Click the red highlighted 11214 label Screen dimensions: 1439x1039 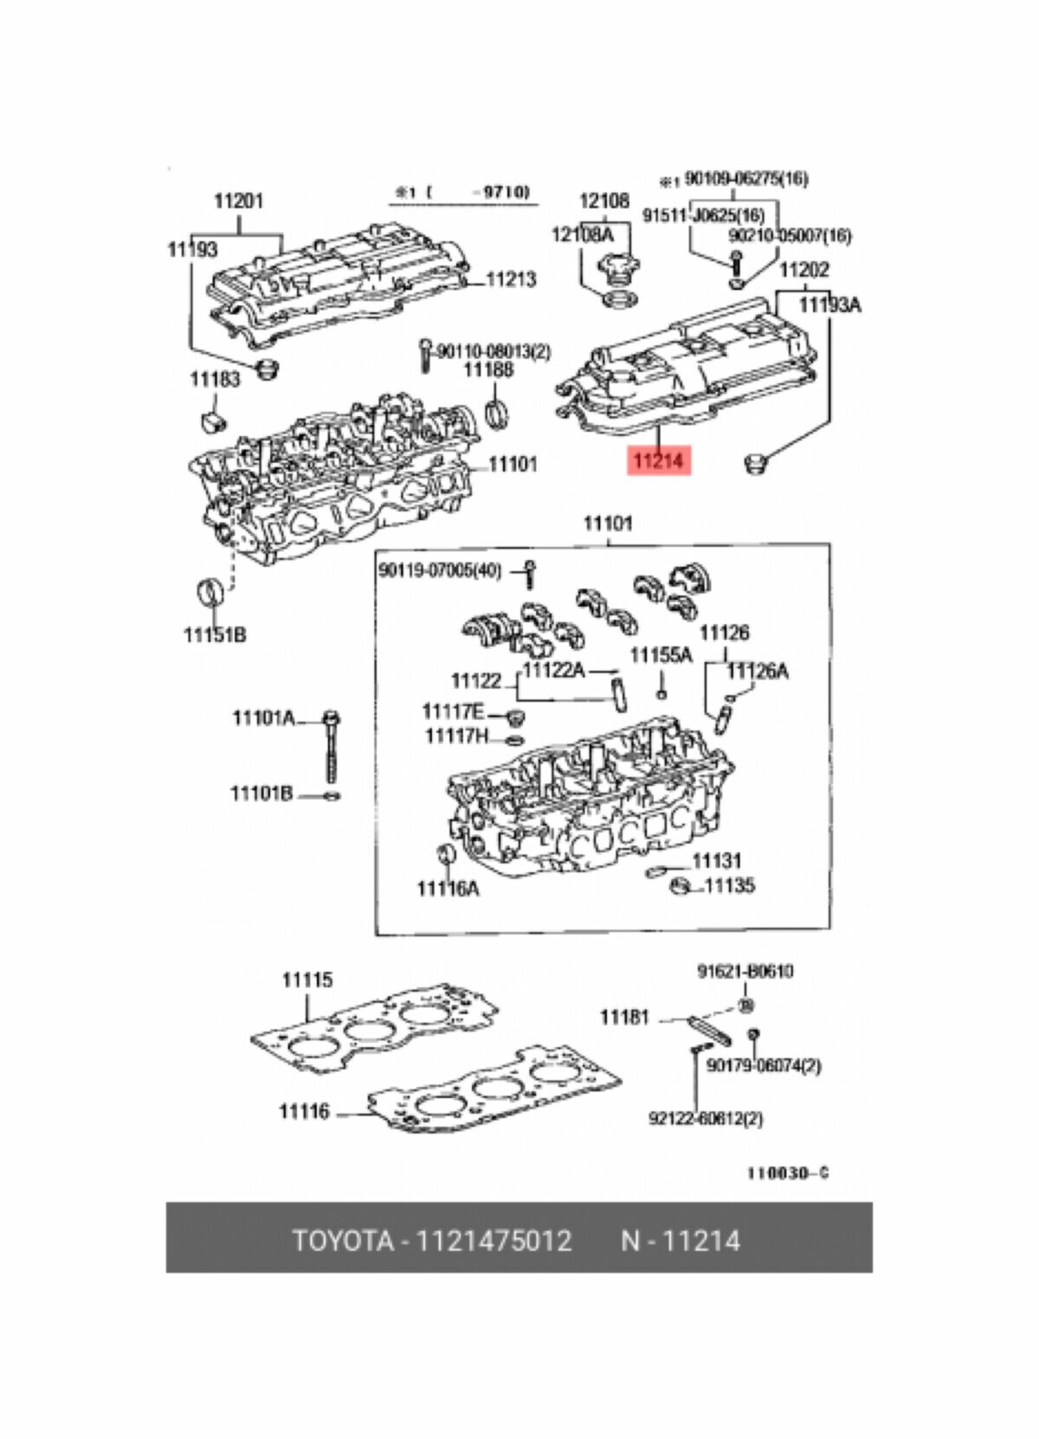click(657, 461)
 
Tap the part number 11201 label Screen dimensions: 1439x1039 click(238, 202)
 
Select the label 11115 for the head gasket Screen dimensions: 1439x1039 click(307, 980)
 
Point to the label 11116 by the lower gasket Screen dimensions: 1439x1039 click(304, 1111)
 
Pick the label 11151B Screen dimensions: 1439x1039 click(215, 635)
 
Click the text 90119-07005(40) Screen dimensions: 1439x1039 click(440, 570)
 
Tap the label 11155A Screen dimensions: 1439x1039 click(661, 655)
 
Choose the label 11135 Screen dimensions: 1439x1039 click(729, 885)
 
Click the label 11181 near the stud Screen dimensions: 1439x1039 click(624, 1018)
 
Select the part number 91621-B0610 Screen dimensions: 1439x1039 click(745, 972)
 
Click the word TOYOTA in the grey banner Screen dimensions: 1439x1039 click(342, 1241)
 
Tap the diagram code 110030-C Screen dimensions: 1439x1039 click(788, 1173)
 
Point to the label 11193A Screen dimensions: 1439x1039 click(829, 305)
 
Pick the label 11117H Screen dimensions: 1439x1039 click(456, 736)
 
